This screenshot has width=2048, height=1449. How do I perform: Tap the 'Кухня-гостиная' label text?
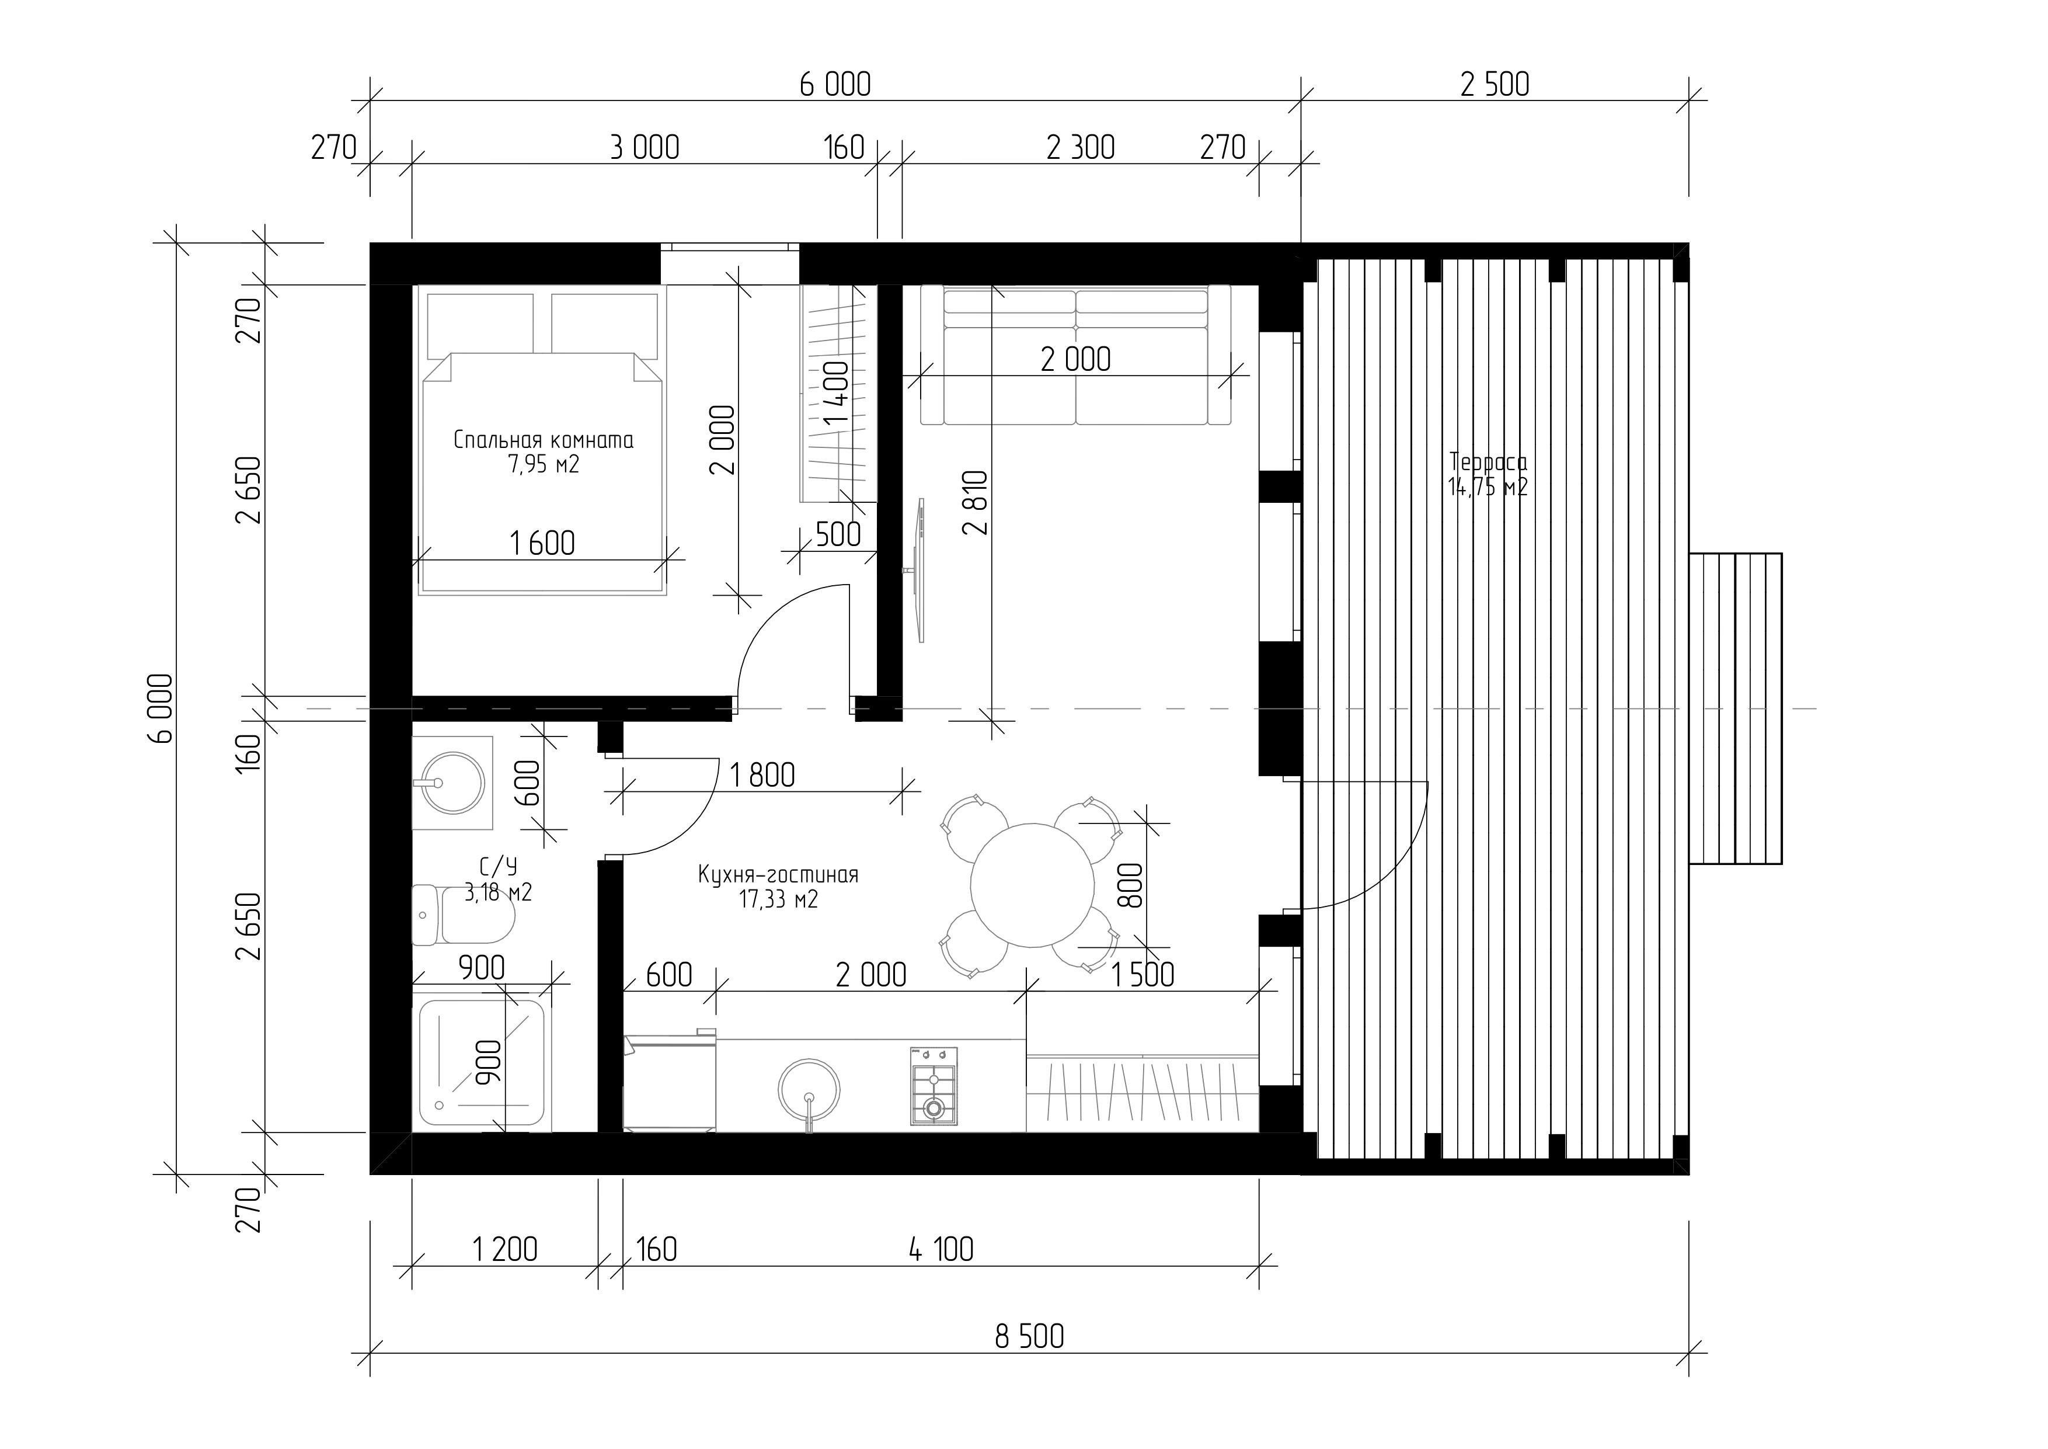coord(778,874)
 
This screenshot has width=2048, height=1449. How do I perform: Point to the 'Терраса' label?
coord(1488,462)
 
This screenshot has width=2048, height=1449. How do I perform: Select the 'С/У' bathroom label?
coord(499,866)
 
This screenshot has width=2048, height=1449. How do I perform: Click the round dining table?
coord(1032,885)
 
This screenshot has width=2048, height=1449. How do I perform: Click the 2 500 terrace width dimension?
coord(1494,85)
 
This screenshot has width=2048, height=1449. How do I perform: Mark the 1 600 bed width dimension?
coord(541,543)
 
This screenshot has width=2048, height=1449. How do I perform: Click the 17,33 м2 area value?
coord(778,899)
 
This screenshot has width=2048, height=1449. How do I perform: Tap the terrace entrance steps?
coord(1735,708)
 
